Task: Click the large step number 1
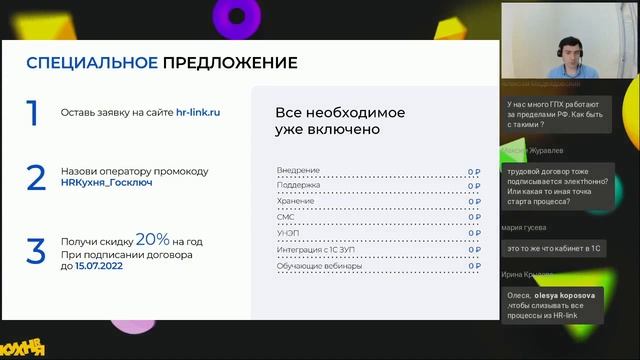tap(33, 113)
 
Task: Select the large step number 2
tap(36, 178)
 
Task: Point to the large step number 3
tap(36, 250)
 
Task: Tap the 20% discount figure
tap(152, 240)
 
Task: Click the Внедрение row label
tap(298, 170)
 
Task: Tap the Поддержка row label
tap(298, 185)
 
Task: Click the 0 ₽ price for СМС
tap(474, 217)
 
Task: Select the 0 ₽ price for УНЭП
tap(474, 233)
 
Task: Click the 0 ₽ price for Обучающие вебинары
tap(474, 264)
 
